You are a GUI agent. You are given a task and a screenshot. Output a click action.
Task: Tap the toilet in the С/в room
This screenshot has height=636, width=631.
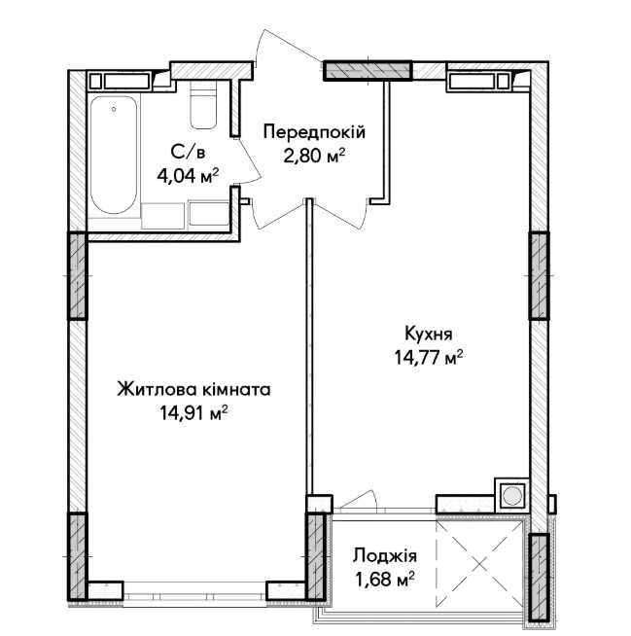tap(202, 108)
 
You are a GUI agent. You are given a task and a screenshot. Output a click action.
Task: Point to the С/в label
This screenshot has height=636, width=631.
tap(188, 153)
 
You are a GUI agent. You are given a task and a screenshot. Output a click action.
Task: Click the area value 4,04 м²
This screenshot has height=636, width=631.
tap(188, 175)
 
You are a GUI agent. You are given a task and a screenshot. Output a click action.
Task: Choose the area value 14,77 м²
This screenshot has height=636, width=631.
tap(422, 356)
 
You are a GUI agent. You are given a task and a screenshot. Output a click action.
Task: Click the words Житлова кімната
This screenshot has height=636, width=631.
tap(193, 390)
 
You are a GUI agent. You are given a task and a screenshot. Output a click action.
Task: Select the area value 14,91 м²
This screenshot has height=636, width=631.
tap(193, 412)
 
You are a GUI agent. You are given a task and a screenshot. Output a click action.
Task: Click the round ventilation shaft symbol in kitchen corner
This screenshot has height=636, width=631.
tap(511, 496)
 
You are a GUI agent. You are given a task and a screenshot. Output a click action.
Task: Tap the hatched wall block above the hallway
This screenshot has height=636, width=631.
tap(368, 71)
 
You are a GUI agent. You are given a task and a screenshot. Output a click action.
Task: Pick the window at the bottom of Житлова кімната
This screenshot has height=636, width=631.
tap(195, 587)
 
